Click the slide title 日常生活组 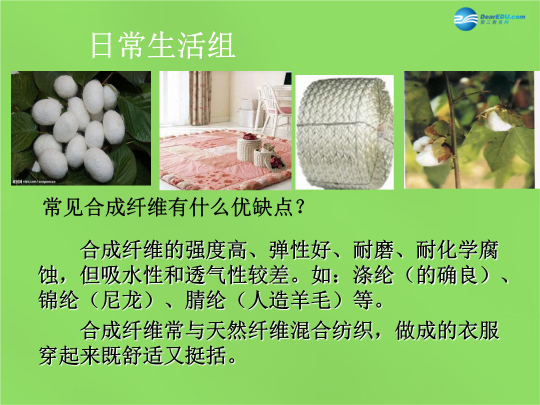tap(163, 45)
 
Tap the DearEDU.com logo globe tap(466, 18)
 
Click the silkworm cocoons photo tap(81, 128)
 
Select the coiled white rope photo tap(344, 132)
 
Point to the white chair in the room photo tap(274, 107)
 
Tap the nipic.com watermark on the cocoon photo tap(34, 181)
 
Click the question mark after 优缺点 tap(300, 207)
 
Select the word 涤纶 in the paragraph tap(373, 275)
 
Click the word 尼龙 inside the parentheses tap(121, 300)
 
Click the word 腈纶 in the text tap(205, 300)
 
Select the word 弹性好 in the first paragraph tap(300, 250)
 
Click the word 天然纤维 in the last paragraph tap(247, 330)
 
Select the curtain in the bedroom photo tap(199, 98)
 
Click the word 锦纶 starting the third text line tap(58, 300)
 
